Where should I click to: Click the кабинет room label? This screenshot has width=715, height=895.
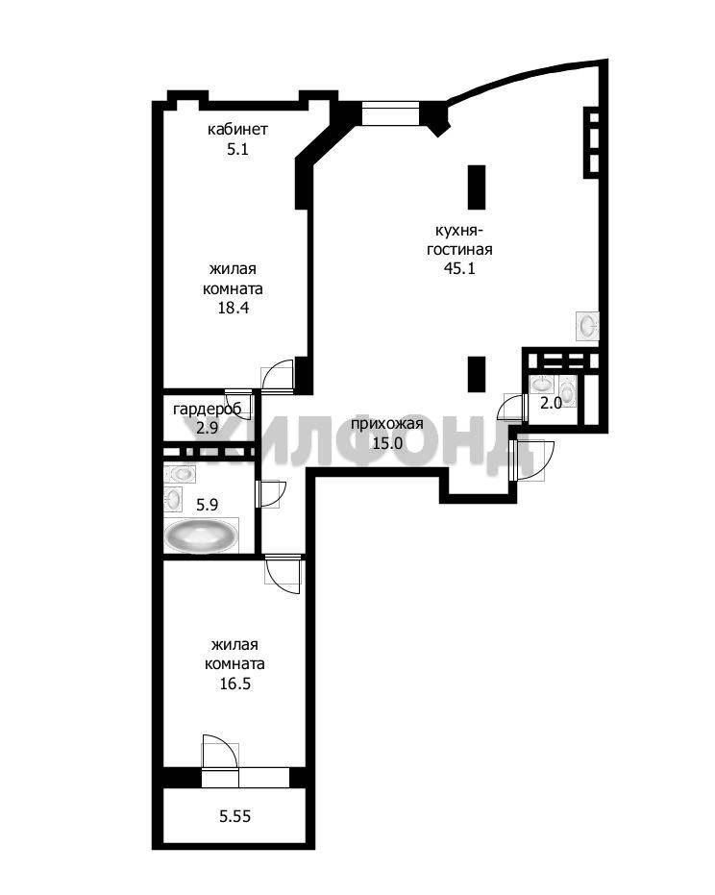click(x=237, y=130)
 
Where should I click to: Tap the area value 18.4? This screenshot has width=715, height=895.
click(x=234, y=309)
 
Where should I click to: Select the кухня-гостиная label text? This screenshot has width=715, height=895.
click(x=459, y=240)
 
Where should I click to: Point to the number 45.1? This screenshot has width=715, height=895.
click(x=459, y=268)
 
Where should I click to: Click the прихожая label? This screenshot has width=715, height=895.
click(x=387, y=424)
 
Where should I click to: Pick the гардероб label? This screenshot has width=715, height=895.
click(x=208, y=410)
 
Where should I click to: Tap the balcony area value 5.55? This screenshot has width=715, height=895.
click(x=235, y=816)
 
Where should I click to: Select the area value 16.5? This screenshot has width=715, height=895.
click(x=235, y=684)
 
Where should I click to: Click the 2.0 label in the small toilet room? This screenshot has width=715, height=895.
click(x=552, y=403)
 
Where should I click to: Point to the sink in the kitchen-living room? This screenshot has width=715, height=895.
click(x=587, y=326)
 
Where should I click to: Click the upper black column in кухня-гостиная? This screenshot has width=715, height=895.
click(x=477, y=187)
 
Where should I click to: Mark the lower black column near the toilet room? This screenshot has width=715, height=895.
click(x=477, y=375)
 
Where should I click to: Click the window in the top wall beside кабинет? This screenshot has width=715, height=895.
click(x=391, y=113)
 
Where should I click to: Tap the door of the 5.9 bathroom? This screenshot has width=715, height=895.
click(x=271, y=494)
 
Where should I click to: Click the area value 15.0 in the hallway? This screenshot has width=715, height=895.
click(x=387, y=443)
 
